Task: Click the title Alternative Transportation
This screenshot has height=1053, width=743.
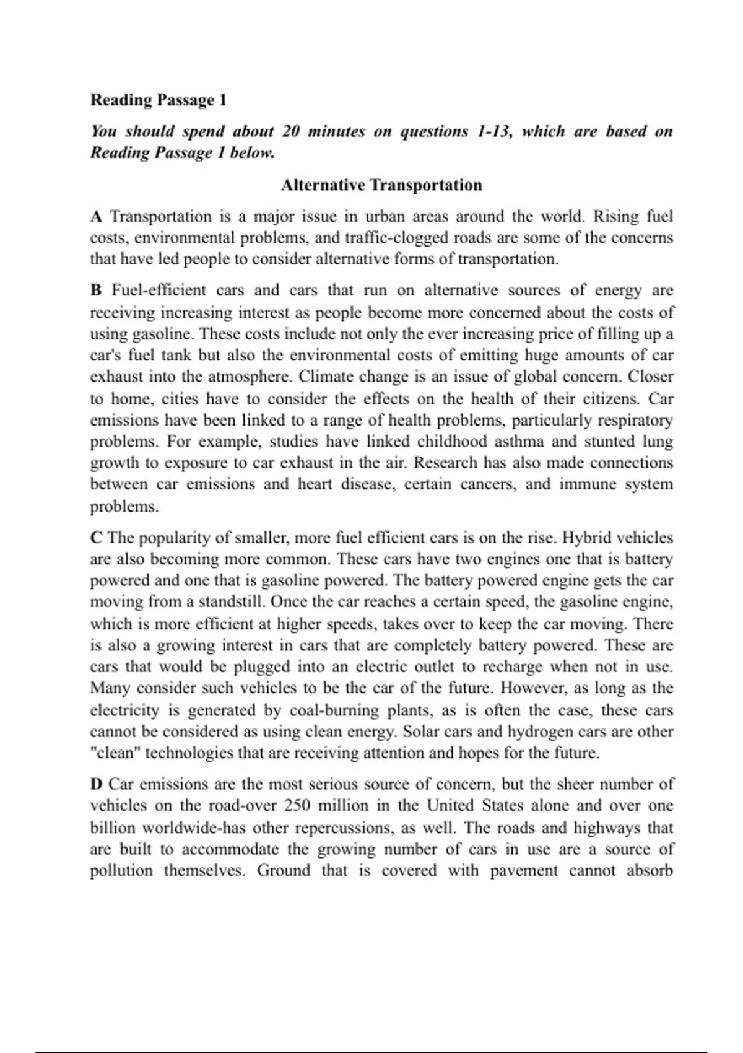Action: pyautogui.click(x=381, y=185)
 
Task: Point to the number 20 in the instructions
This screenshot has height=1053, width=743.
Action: pyautogui.click(x=291, y=131)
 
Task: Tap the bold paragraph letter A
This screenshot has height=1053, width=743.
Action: pyautogui.click(x=96, y=217)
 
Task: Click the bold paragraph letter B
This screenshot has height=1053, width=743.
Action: pyautogui.click(x=96, y=291)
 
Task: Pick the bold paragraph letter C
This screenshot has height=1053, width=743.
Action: pyautogui.click(x=96, y=538)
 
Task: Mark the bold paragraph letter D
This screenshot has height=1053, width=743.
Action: pyautogui.click(x=96, y=784)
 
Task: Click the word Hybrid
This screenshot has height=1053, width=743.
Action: pyautogui.click(x=586, y=538)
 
